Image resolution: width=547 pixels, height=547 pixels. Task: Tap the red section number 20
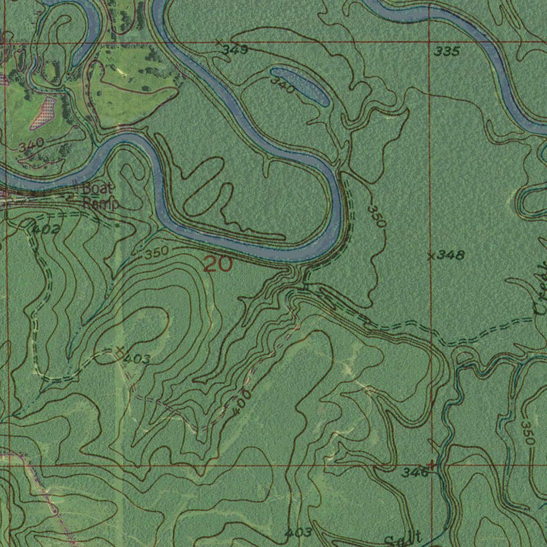218,264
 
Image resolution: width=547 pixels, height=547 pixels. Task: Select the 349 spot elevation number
235,50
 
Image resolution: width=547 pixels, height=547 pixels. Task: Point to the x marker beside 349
219,42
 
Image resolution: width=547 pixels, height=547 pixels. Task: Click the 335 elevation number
447,52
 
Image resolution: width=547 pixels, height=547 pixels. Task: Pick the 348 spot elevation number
450,255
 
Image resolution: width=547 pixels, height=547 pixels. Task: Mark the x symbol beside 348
431,256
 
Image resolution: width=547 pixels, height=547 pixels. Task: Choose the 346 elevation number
415,472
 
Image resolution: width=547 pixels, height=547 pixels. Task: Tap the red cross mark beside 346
432,465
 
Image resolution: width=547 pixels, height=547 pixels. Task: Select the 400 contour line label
242,402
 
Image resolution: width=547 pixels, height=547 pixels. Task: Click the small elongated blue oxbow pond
300,85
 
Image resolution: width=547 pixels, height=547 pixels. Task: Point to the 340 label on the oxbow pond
282,84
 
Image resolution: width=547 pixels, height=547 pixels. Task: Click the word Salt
403,538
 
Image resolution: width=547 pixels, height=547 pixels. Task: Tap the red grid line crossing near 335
431,42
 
